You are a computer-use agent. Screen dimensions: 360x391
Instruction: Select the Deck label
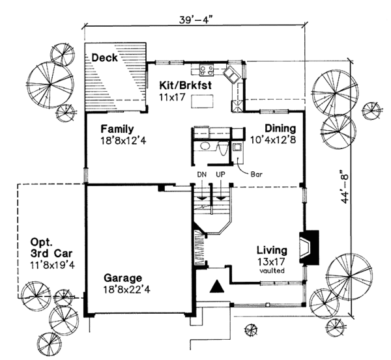click(104, 59)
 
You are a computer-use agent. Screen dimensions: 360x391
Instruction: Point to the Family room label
click(117, 128)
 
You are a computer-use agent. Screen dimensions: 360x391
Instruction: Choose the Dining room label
click(277, 128)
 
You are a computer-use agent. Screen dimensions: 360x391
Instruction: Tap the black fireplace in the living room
click(309, 248)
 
